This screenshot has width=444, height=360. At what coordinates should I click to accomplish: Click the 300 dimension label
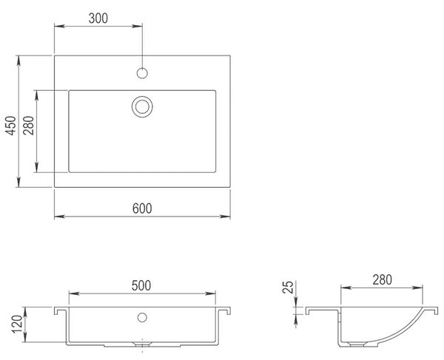98,18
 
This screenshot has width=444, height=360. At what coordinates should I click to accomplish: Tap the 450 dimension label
12,126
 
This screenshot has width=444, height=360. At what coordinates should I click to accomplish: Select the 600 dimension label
142,208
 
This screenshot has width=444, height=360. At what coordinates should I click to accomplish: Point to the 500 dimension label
141,285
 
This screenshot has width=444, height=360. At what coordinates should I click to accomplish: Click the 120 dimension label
17,324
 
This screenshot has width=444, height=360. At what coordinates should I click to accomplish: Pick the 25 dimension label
289,287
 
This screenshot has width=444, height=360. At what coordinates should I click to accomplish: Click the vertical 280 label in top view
29,126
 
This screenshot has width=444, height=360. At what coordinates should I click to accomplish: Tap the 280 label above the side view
383,279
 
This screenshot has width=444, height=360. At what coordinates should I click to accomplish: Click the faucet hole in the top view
142,73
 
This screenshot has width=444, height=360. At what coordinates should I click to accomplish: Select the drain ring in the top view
142,96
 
